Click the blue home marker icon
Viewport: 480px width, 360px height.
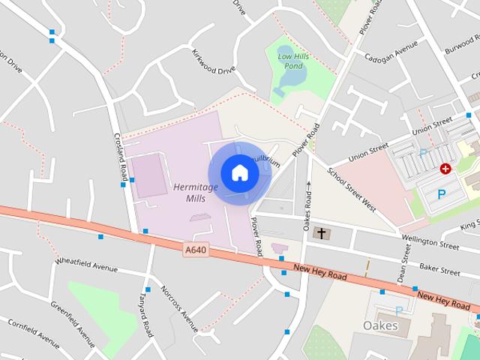[x=239, y=172]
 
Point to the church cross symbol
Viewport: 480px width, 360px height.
[x=322, y=234]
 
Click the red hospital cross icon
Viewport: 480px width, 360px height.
[x=446, y=169]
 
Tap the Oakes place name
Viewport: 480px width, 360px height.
[x=379, y=325]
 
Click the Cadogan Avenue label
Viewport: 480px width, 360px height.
[x=390, y=50]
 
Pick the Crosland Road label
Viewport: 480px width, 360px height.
[x=118, y=150]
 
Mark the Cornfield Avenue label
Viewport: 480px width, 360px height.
[x=34, y=334]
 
